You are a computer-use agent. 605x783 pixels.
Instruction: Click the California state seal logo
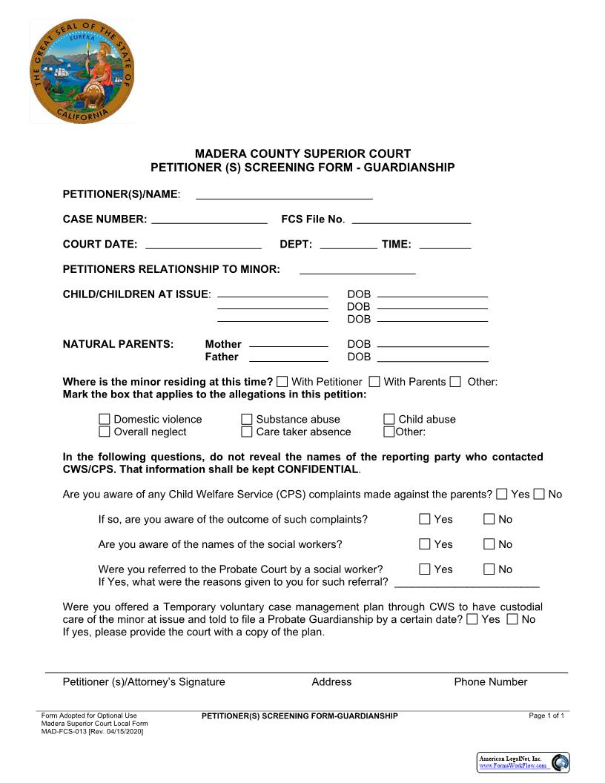coord(82,72)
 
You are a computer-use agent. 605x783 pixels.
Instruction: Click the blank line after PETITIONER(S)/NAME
coord(284,195)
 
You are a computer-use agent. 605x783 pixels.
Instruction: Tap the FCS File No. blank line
coord(411,219)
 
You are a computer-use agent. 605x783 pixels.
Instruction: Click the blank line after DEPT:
coord(348,245)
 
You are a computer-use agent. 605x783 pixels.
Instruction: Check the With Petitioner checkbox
coord(282,382)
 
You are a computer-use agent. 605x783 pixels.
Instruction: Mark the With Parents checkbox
coord(374,382)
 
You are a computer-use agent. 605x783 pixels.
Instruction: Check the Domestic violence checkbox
coord(105,420)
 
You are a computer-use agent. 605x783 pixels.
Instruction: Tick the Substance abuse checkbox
coord(247,420)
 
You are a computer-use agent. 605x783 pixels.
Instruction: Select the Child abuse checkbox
coord(389,420)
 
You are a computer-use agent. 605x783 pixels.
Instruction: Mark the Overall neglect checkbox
coord(105,432)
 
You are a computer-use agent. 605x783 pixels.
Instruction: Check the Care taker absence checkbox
coord(247,432)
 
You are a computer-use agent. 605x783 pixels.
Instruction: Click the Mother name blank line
coord(288,344)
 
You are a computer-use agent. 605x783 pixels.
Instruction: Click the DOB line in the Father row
coord(433,357)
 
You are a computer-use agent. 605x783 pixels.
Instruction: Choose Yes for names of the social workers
coord(425,545)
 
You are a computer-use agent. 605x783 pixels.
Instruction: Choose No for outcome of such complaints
coord(489,520)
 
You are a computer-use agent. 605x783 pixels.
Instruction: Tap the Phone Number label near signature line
coord(490,682)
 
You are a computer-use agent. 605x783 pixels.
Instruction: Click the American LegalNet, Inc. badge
coord(522,762)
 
